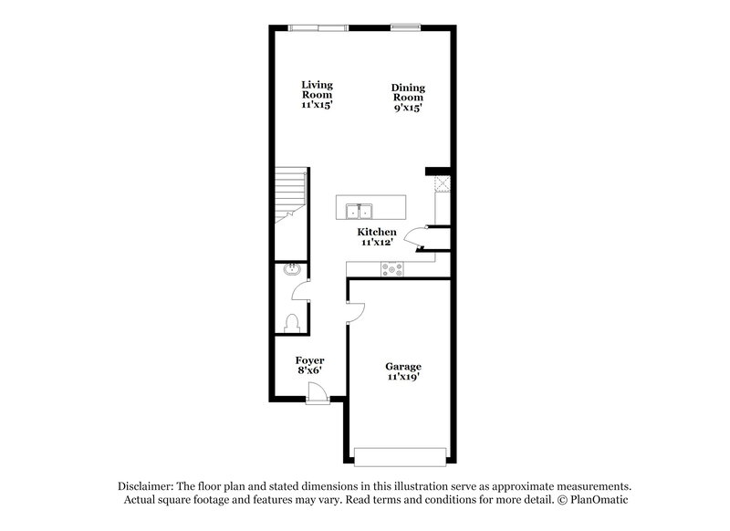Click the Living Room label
(x=317, y=89)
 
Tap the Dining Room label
(x=408, y=93)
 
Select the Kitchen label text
(x=377, y=233)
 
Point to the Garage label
(x=402, y=366)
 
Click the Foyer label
(x=309, y=360)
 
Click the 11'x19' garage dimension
(x=402, y=377)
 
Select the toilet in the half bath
(x=292, y=322)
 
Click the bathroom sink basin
(x=291, y=271)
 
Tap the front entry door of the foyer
(x=317, y=393)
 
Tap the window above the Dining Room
(x=405, y=27)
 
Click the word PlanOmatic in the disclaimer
(x=597, y=501)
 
